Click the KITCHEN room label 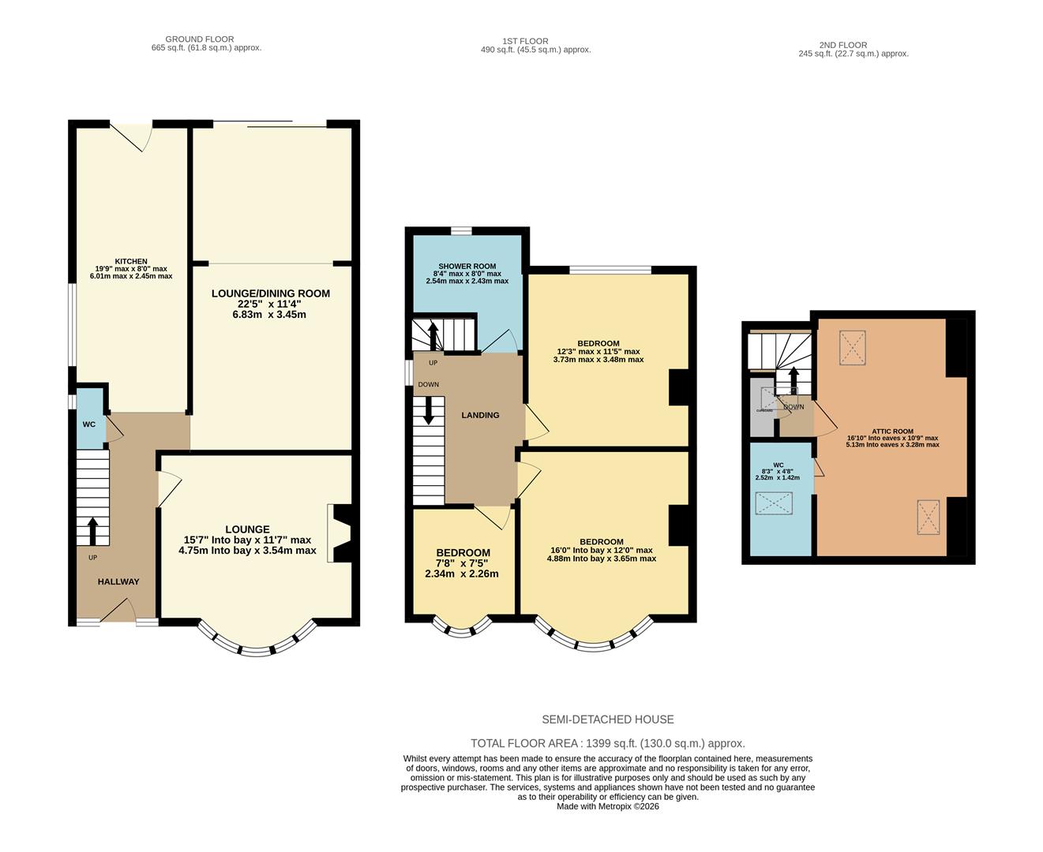pos(131,261)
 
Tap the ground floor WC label pos(89,424)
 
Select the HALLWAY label pos(118,581)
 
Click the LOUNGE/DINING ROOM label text pos(270,293)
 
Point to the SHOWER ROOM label pos(467,266)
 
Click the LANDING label pos(480,415)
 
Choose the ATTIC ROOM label pos(892,432)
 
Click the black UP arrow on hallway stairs pos(92,531)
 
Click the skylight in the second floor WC pos(774,503)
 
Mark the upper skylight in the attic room pos(852,347)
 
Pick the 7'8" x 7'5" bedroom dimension pos(463,563)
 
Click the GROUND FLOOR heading pos(199,39)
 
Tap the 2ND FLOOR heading pos(844,45)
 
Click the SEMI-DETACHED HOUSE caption pos(607,719)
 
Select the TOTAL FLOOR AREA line pos(607,743)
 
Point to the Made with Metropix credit pos(607,806)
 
